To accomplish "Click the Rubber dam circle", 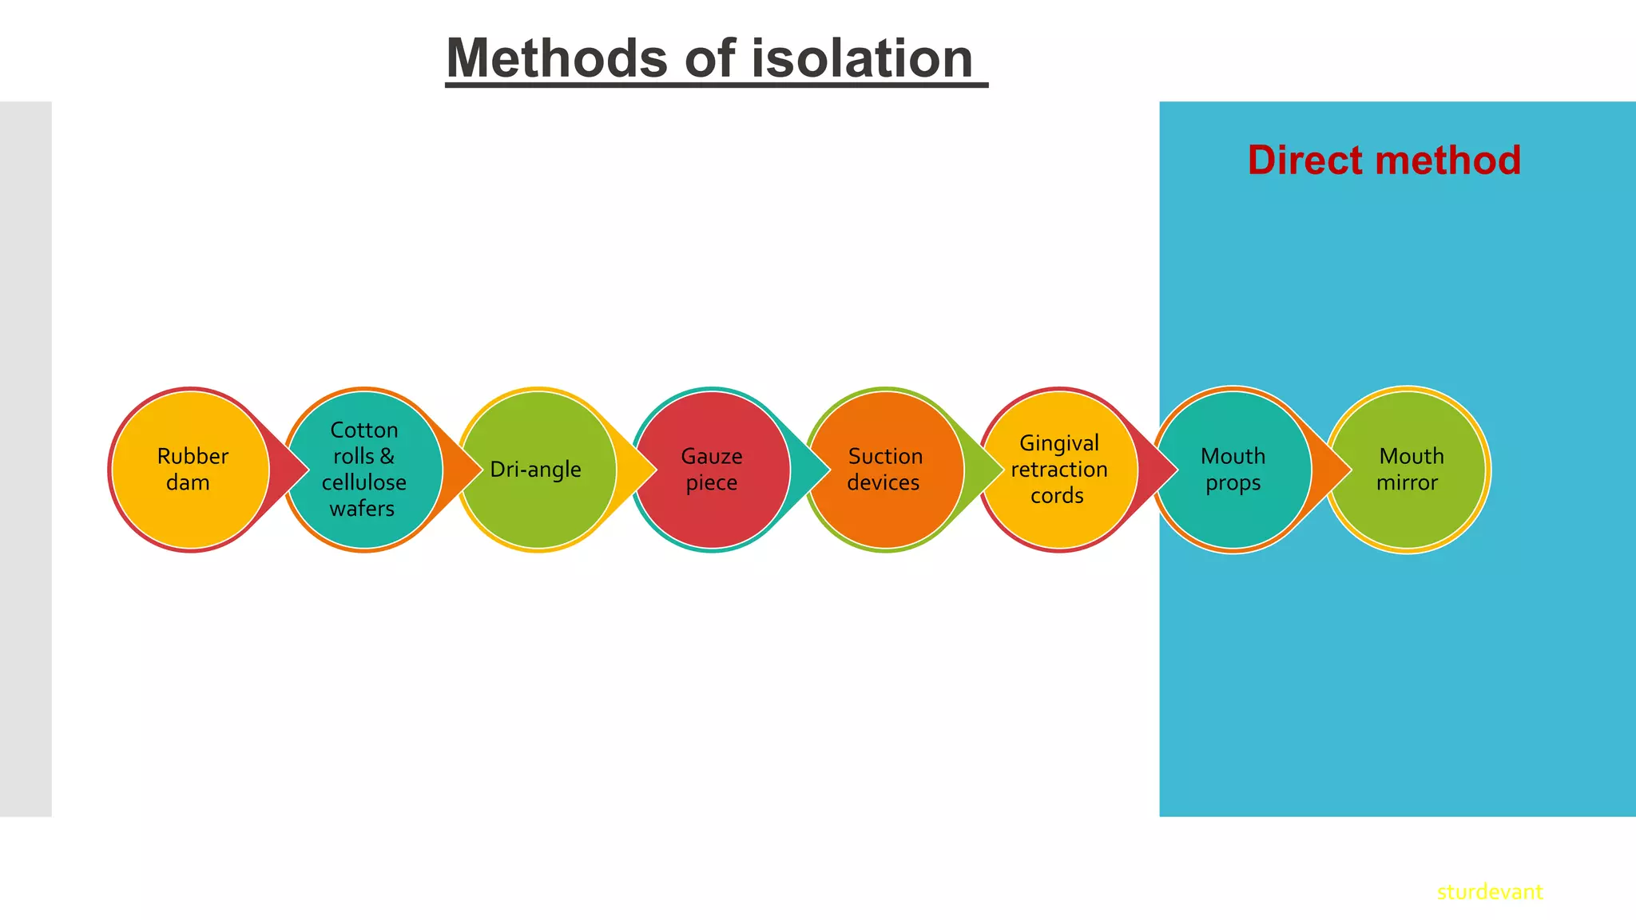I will click(190, 470).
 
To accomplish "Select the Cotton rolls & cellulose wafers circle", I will click(364, 470).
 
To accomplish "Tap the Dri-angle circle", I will click(538, 470).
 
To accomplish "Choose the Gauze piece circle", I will click(712, 470).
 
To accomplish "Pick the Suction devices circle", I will click(885, 470).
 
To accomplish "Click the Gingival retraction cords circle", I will click(1059, 470).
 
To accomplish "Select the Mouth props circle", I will click(1233, 470).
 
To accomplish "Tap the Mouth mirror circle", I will click(1408, 470).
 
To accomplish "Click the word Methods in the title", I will click(556, 59).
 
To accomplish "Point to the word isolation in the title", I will click(861, 59).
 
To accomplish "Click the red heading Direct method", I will click(1384, 161).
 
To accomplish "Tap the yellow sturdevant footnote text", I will click(1489, 892).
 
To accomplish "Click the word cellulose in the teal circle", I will click(364, 482).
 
